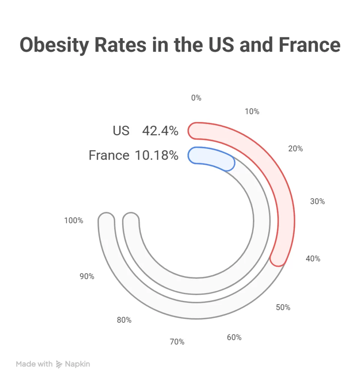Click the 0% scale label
coord(196,98)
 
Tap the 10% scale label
coord(252,111)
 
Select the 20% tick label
coord(295,148)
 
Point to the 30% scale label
coord(317,202)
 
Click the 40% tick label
coord(313,258)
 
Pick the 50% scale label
coord(283,307)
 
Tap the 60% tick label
coord(234,337)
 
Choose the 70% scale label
coord(177,342)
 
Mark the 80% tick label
coord(124,320)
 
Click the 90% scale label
coord(87,276)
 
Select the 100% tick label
coord(73,221)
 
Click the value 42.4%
coord(160,131)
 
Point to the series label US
coord(121,131)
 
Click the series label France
coord(109,155)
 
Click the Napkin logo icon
coord(59,364)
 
